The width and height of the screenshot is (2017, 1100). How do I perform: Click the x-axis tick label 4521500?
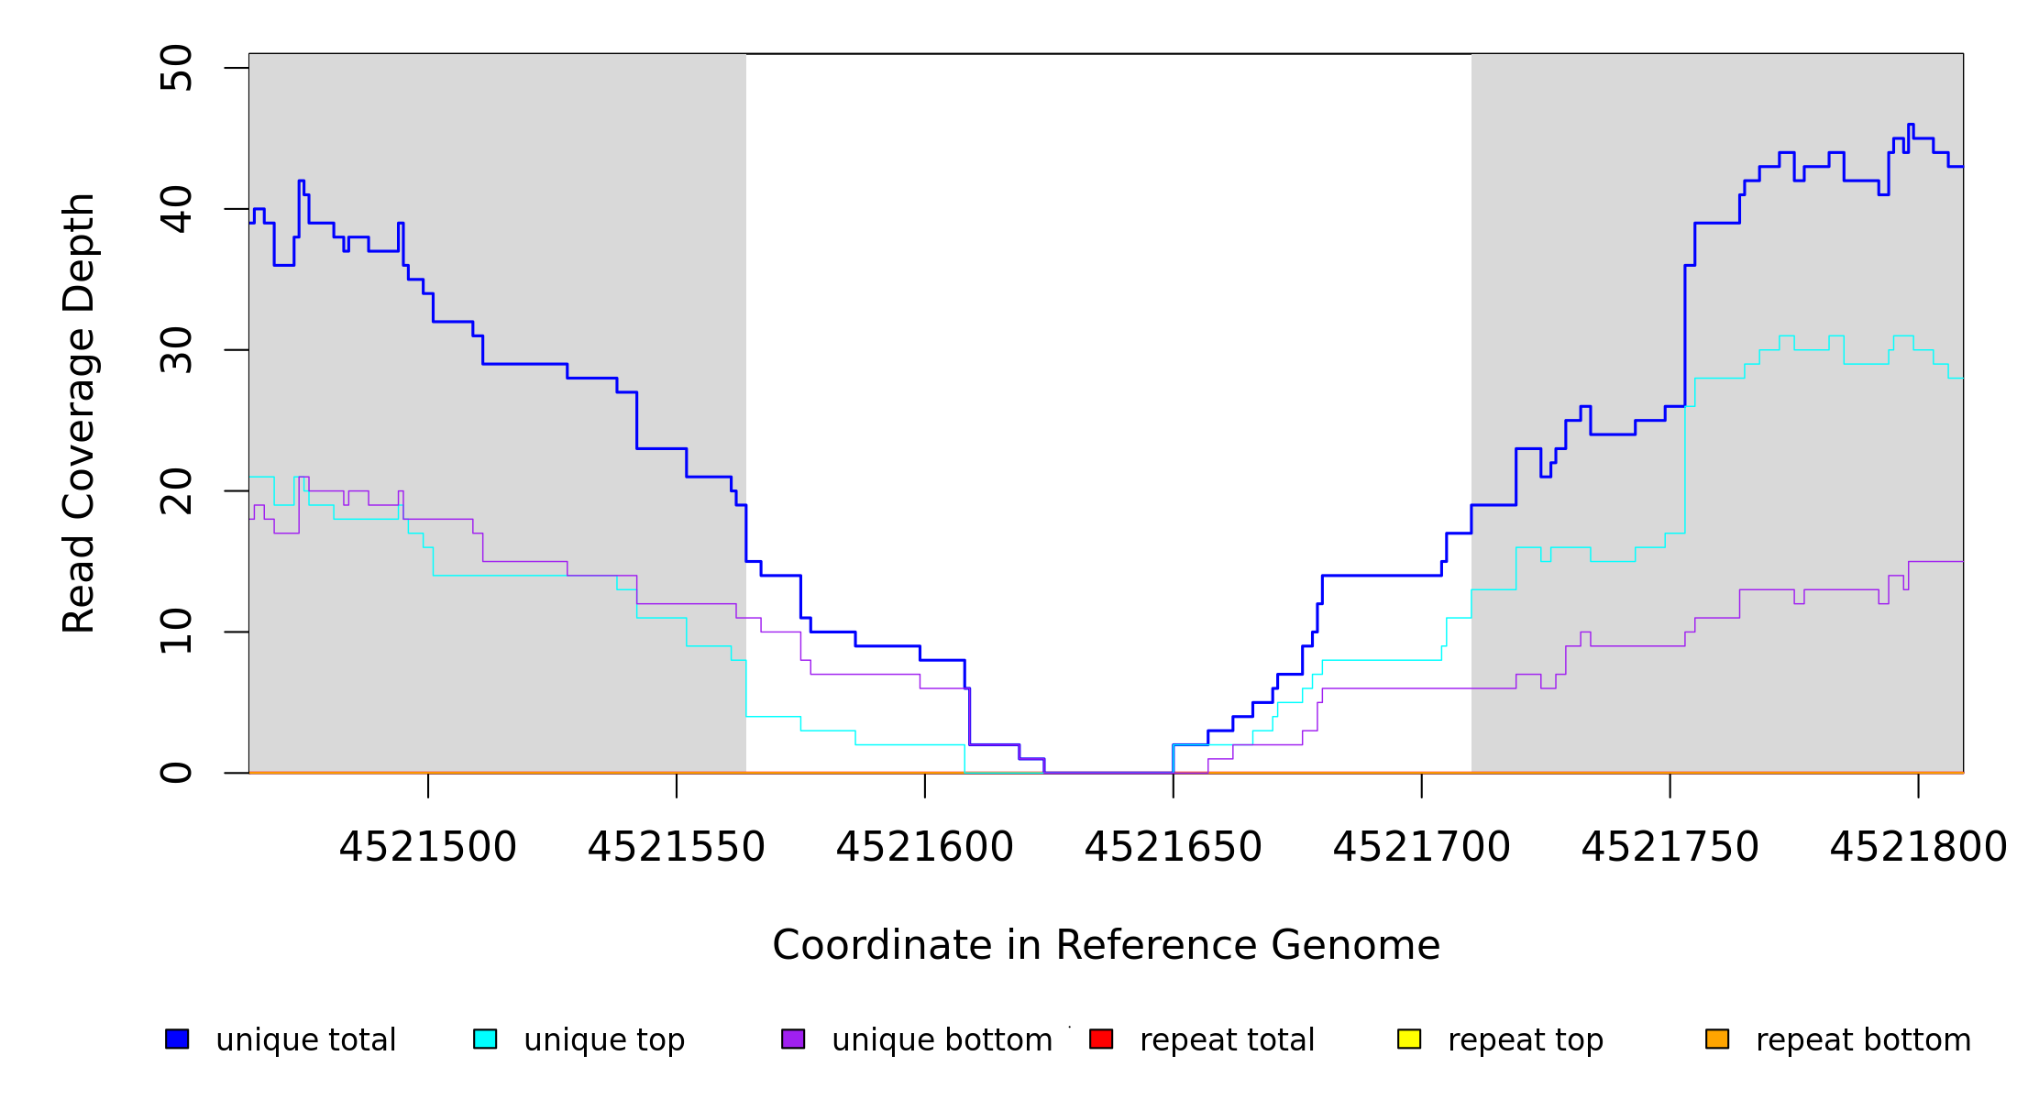428,847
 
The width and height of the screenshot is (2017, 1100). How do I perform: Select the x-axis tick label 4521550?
677,847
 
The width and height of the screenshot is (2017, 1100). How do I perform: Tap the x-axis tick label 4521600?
925,847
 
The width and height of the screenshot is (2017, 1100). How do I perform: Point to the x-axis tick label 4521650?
1174,847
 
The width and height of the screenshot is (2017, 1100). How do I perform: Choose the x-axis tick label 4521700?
1422,847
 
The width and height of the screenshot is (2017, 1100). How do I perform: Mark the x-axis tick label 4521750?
1670,847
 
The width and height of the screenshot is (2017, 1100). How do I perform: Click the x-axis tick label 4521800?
1918,847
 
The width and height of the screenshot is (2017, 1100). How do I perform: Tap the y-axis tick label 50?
176,68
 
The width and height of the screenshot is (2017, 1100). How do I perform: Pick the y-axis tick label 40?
176,209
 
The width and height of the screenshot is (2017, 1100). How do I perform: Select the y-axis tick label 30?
176,350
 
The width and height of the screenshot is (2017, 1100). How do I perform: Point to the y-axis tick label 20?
176,491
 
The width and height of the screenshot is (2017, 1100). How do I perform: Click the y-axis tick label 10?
176,632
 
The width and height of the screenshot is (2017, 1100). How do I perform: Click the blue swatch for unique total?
177,1039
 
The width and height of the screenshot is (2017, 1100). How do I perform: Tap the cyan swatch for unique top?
485,1039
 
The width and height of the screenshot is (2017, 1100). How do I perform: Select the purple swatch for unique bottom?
793,1039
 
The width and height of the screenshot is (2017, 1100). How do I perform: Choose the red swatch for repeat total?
1101,1039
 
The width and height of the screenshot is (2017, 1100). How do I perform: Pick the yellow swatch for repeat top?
1409,1039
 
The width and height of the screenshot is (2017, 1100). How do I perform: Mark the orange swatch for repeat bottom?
1717,1039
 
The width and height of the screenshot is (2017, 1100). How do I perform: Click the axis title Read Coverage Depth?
79,412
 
